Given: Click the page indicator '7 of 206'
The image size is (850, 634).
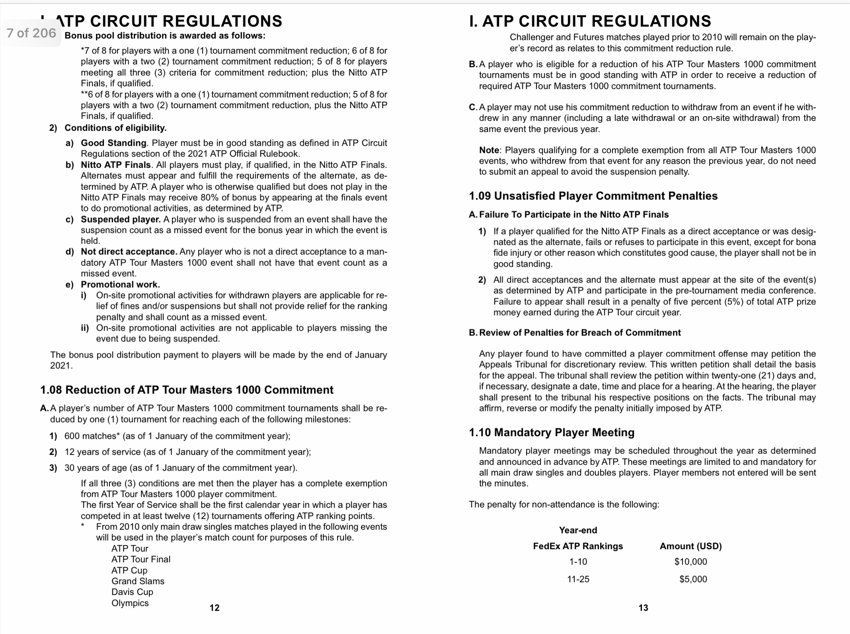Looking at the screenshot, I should pyautogui.click(x=31, y=33).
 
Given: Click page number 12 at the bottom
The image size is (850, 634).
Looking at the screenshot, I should pyautogui.click(x=214, y=608).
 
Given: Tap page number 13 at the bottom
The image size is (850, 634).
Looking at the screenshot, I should pyautogui.click(x=643, y=608).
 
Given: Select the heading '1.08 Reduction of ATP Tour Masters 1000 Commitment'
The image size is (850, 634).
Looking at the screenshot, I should pyautogui.click(x=187, y=390).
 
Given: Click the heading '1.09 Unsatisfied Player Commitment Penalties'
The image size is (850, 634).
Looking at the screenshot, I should pyautogui.click(x=593, y=196).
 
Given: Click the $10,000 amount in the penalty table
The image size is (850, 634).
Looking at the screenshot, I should pyautogui.click(x=690, y=562).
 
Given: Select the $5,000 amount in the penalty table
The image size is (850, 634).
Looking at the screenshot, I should pyautogui.click(x=693, y=579).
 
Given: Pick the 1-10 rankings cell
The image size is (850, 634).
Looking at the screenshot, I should pyautogui.click(x=578, y=562).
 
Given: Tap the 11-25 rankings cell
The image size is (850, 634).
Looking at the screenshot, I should pyautogui.click(x=578, y=579).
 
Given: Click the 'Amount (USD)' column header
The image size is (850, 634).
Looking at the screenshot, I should pyautogui.click(x=690, y=546).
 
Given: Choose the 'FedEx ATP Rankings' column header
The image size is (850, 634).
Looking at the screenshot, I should pyautogui.click(x=578, y=546).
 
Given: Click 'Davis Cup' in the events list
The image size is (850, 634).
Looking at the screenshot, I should pyautogui.click(x=132, y=592).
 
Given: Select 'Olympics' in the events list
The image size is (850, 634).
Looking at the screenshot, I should pyautogui.click(x=130, y=603).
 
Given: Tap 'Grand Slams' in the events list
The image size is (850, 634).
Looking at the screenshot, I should pyautogui.click(x=138, y=581).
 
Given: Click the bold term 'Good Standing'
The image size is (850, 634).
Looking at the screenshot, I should pyautogui.click(x=113, y=143).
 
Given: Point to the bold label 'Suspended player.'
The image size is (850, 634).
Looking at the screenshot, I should pyautogui.click(x=121, y=219).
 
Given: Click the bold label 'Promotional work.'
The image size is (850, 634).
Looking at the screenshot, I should pyautogui.click(x=120, y=285).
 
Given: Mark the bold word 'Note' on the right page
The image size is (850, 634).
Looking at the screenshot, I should pyautogui.click(x=489, y=150).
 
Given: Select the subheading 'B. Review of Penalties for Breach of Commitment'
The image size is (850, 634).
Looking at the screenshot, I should pyautogui.click(x=575, y=333).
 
